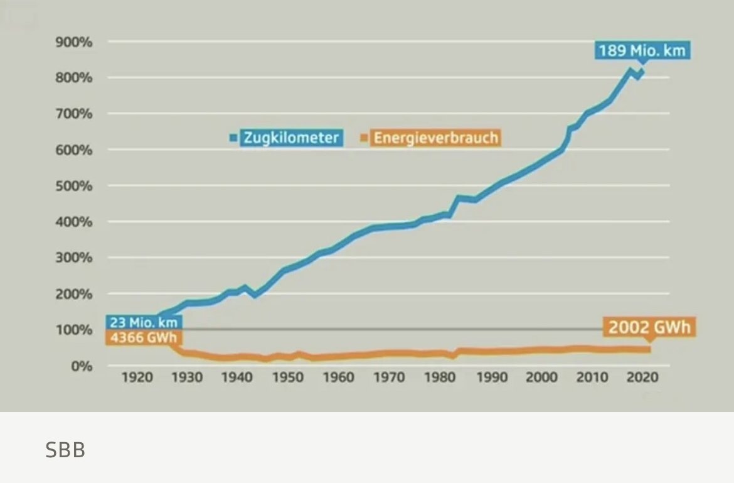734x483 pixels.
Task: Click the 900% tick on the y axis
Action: (74, 42)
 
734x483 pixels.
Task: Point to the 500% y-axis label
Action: (74, 186)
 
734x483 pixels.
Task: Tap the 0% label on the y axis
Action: (80, 366)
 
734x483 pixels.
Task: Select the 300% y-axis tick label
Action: (74, 258)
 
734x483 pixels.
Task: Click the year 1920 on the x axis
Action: (136, 377)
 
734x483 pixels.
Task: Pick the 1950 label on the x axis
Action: (288, 377)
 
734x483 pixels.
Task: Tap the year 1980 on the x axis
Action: (440, 377)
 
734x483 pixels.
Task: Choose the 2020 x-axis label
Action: (643, 377)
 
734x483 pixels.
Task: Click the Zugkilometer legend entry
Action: (291, 138)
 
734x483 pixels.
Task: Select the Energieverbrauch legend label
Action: (435, 138)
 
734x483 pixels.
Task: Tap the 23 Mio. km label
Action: (144, 323)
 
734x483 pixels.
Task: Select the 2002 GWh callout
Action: (649, 327)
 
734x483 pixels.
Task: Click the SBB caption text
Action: (65, 450)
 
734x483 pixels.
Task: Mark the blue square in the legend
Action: (234, 138)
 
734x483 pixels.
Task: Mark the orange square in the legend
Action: (364, 138)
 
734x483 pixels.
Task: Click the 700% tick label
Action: (74, 114)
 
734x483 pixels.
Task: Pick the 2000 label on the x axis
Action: (541, 377)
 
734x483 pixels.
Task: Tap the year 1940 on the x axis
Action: (237, 377)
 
